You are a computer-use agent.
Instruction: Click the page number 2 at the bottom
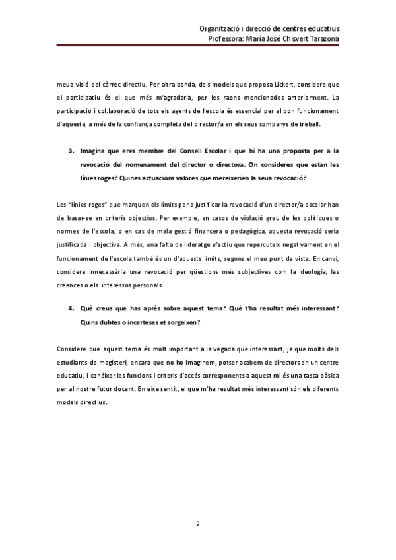pos(198,524)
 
